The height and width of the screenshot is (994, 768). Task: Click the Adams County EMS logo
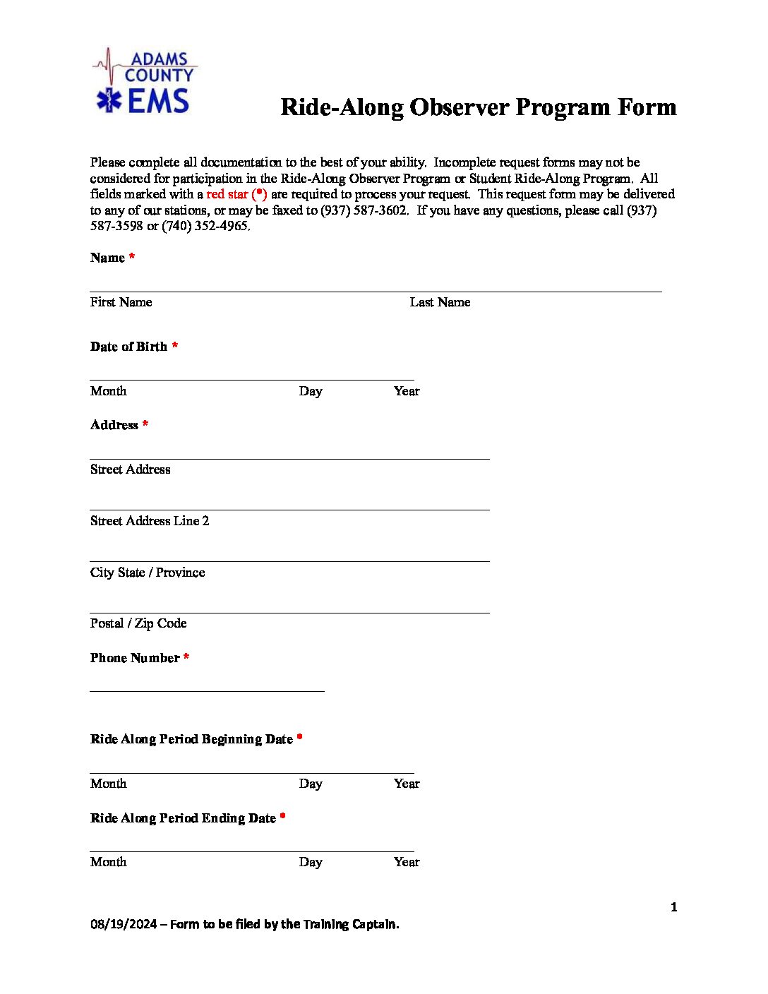click(145, 82)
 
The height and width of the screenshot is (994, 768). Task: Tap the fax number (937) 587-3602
click(364, 210)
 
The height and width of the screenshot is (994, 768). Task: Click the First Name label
click(121, 302)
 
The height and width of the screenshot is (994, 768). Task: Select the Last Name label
click(440, 302)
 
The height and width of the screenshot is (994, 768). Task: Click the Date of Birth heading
click(128, 347)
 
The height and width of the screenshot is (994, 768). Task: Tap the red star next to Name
click(132, 257)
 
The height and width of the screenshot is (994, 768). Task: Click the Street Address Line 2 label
click(150, 521)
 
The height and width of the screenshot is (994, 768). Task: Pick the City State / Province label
click(148, 573)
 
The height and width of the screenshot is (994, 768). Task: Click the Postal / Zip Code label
click(138, 623)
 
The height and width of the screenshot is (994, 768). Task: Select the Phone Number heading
click(135, 658)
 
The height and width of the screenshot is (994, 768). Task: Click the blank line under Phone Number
click(207, 690)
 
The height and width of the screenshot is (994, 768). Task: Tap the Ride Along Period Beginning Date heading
click(191, 739)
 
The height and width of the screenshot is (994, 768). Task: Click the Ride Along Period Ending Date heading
click(183, 818)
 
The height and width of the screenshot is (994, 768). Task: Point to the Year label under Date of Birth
click(407, 391)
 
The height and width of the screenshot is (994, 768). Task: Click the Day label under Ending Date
click(311, 862)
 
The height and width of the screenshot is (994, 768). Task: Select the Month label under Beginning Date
click(108, 784)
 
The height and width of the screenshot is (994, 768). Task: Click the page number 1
click(673, 907)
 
